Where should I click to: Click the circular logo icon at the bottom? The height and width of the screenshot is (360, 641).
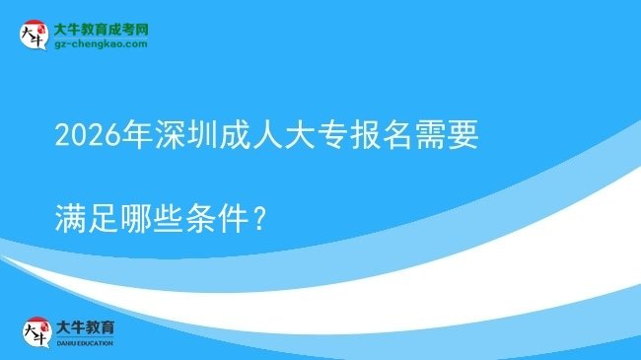35,331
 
